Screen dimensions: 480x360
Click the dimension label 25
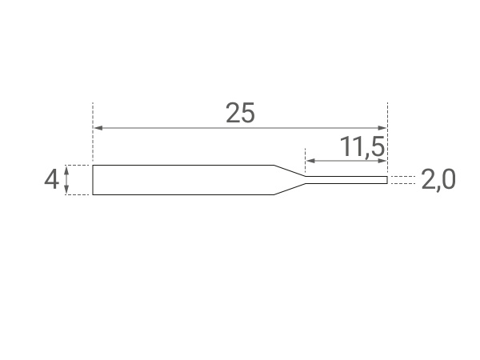[240, 113]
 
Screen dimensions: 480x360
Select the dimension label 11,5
[362, 147]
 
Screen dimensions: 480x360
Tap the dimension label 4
[51, 180]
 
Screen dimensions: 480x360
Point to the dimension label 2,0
[438, 180]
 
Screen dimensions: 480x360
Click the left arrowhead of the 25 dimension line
[98, 128]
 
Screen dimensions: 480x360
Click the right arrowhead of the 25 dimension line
[382, 128]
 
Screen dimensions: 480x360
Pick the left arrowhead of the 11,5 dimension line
[310, 161]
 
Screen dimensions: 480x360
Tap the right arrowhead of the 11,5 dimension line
[382, 161]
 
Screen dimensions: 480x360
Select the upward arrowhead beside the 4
[66, 170]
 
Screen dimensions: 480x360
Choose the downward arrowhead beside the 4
[66, 190]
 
